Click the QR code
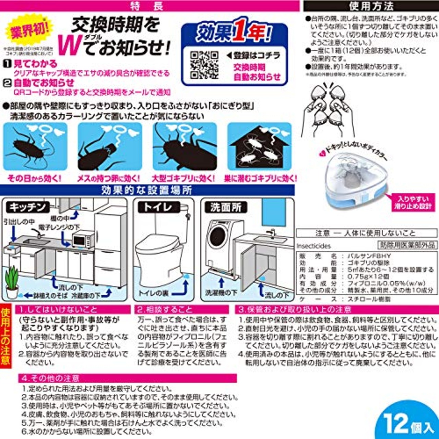(204, 65)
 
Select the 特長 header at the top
(147, 6)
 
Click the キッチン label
(27, 207)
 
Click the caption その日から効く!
(34, 178)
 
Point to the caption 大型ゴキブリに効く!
(183, 178)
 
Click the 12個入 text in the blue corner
(408, 424)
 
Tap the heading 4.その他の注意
(50, 378)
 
